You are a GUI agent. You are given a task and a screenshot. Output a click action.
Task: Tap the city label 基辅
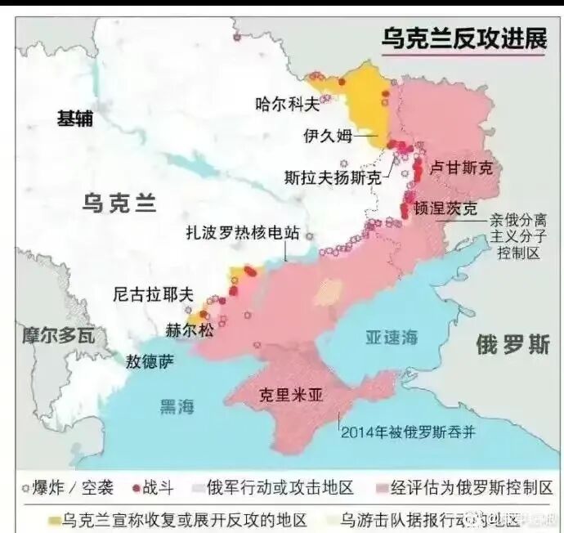coord(74,119)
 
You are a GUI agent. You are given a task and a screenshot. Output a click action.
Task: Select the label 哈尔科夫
coord(285,103)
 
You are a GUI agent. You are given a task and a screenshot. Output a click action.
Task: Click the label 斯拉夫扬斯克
coord(332,176)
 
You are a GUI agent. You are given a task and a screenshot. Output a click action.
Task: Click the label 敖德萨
coord(150,361)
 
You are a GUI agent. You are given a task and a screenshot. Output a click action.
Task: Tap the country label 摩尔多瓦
coord(58,334)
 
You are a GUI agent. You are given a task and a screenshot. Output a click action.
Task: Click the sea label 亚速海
coord(391,336)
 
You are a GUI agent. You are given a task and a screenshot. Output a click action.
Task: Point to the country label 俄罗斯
coord(513,344)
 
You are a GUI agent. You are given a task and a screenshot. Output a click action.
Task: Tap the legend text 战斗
coord(159,489)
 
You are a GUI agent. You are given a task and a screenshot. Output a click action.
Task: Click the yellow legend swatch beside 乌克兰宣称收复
coord(55,519)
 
